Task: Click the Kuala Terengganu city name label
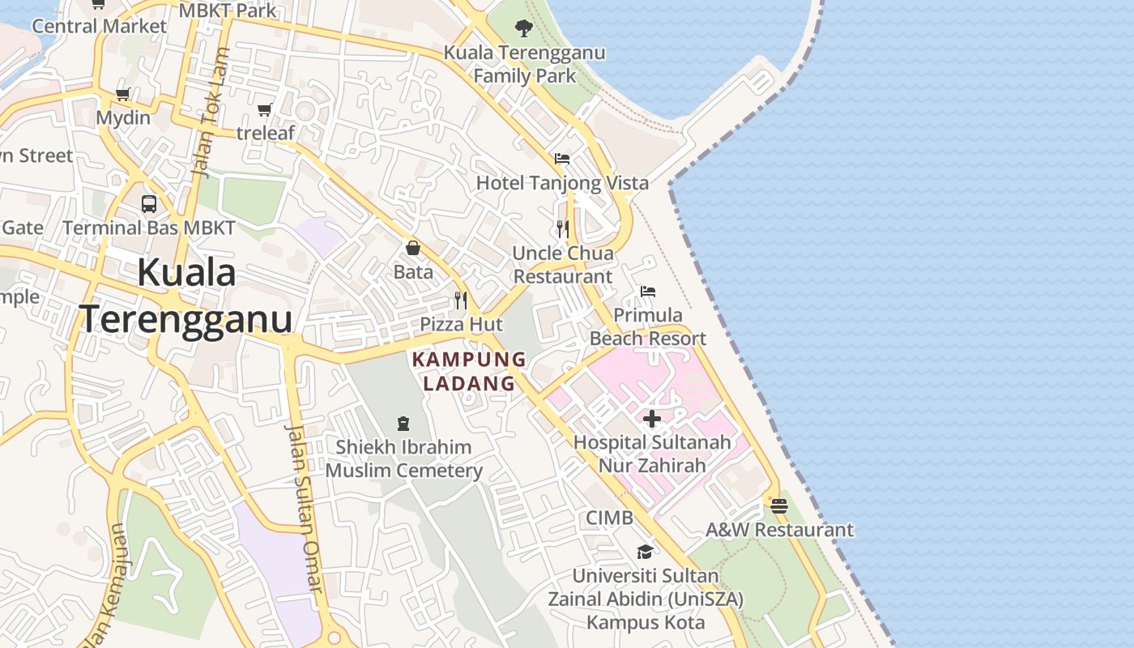coord(185,296)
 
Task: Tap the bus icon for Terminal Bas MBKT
coord(149,203)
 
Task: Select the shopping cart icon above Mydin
coord(123,94)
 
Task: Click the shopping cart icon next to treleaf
coord(264,109)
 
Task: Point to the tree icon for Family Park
coord(524,28)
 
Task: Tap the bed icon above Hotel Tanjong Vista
coord(562,159)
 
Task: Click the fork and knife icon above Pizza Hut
coord(461,301)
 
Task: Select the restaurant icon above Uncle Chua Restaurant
coord(563,228)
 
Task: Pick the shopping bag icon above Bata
coord(413,247)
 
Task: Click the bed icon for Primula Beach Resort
coord(647,291)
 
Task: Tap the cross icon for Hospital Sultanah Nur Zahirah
coord(652,418)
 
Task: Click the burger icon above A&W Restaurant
coord(779,506)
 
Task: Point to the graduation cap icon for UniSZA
coord(645,552)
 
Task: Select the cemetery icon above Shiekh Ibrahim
coord(403,423)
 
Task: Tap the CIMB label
coord(609,518)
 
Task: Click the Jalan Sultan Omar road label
coord(305,508)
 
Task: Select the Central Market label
coord(99,26)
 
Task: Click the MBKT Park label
coord(228,11)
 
